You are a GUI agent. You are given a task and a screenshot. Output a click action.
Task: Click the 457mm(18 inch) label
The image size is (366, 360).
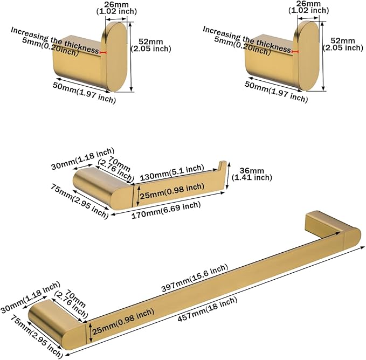coord(208,309)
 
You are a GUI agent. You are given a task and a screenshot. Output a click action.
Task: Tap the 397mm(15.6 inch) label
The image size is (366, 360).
coord(195,278)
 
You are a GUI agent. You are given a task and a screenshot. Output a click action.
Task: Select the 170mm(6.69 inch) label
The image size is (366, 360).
coord(166,210)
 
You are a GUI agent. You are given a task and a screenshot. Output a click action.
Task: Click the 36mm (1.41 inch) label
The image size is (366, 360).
coord(252,174)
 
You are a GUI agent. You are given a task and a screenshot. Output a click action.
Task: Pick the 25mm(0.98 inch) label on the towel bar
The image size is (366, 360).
coord(123,322)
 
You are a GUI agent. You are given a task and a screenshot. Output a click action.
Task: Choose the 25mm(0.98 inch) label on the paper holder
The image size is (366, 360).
coord(172,191)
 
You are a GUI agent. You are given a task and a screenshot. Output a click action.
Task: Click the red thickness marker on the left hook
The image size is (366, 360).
coord(103,53)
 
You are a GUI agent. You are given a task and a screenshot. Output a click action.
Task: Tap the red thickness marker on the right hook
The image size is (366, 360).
coord(295,52)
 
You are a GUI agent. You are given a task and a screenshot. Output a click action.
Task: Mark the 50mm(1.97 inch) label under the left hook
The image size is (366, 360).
coord(84,93)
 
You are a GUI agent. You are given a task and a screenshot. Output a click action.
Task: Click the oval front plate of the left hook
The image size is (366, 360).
coord(118,57)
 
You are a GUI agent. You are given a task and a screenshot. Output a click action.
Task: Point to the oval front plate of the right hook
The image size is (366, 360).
coord(309,56)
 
